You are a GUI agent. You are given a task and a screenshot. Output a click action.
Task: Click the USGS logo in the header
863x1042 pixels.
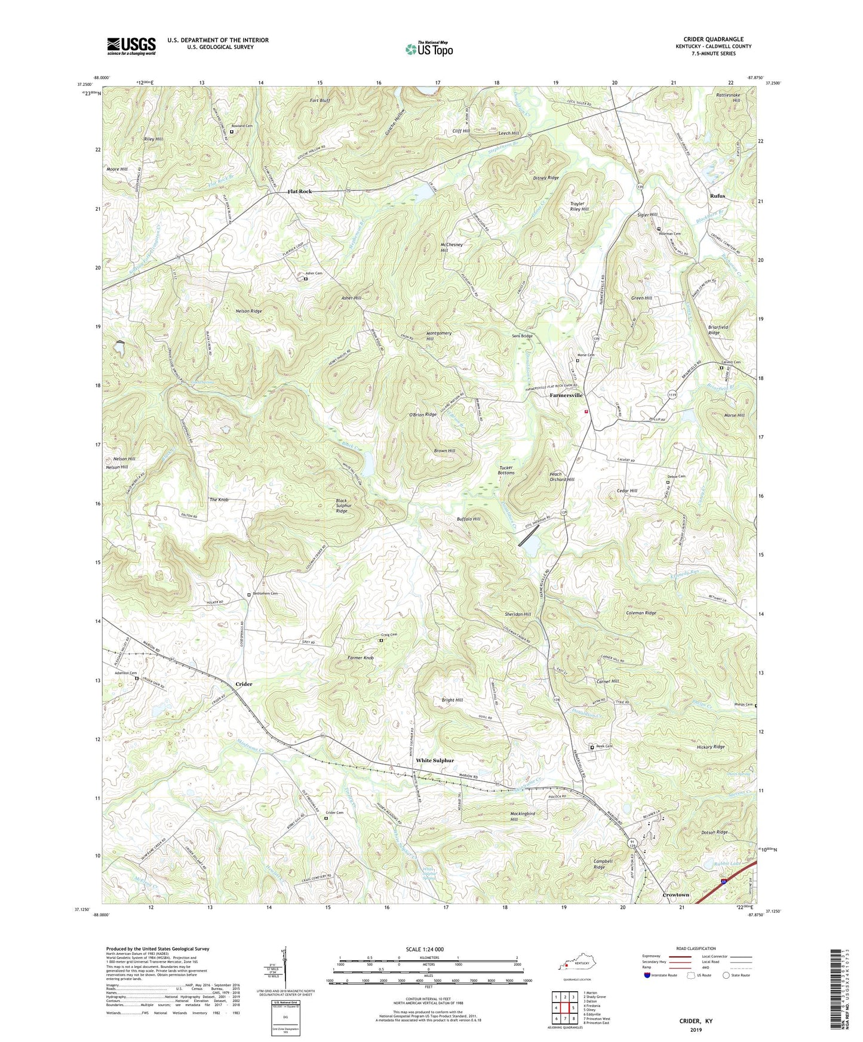[x=131, y=46]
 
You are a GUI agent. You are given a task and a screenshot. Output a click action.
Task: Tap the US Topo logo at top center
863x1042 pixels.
[x=429, y=48]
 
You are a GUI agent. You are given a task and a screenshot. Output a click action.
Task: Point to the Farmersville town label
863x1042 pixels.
[x=566, y=395]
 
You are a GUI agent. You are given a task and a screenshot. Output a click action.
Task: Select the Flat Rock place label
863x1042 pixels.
[x=300, y=192]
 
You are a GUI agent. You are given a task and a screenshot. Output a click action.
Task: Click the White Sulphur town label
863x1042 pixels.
[x=435, y=760]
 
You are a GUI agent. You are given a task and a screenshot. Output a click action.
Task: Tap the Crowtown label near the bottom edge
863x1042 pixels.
[x=676, y=895]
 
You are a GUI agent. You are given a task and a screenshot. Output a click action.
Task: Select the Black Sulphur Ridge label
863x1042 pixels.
[x=342, y=506]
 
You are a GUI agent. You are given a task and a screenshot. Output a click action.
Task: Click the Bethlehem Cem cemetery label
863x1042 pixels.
[x=265, y=593]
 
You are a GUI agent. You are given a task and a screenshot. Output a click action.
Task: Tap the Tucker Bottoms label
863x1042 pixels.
[x=506, y=470]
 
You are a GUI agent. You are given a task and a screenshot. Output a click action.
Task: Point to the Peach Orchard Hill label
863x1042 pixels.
[x=561, y=477]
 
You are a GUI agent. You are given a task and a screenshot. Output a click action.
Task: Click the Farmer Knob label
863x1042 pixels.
[x=360, y=658]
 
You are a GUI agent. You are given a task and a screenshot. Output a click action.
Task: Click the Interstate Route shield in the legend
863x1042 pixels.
[x=647, y=975]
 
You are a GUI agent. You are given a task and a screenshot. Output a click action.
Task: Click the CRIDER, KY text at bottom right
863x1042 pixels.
[x=695, y=1021]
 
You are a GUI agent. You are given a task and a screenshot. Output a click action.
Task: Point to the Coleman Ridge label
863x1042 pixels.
[x=641, y=613]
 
